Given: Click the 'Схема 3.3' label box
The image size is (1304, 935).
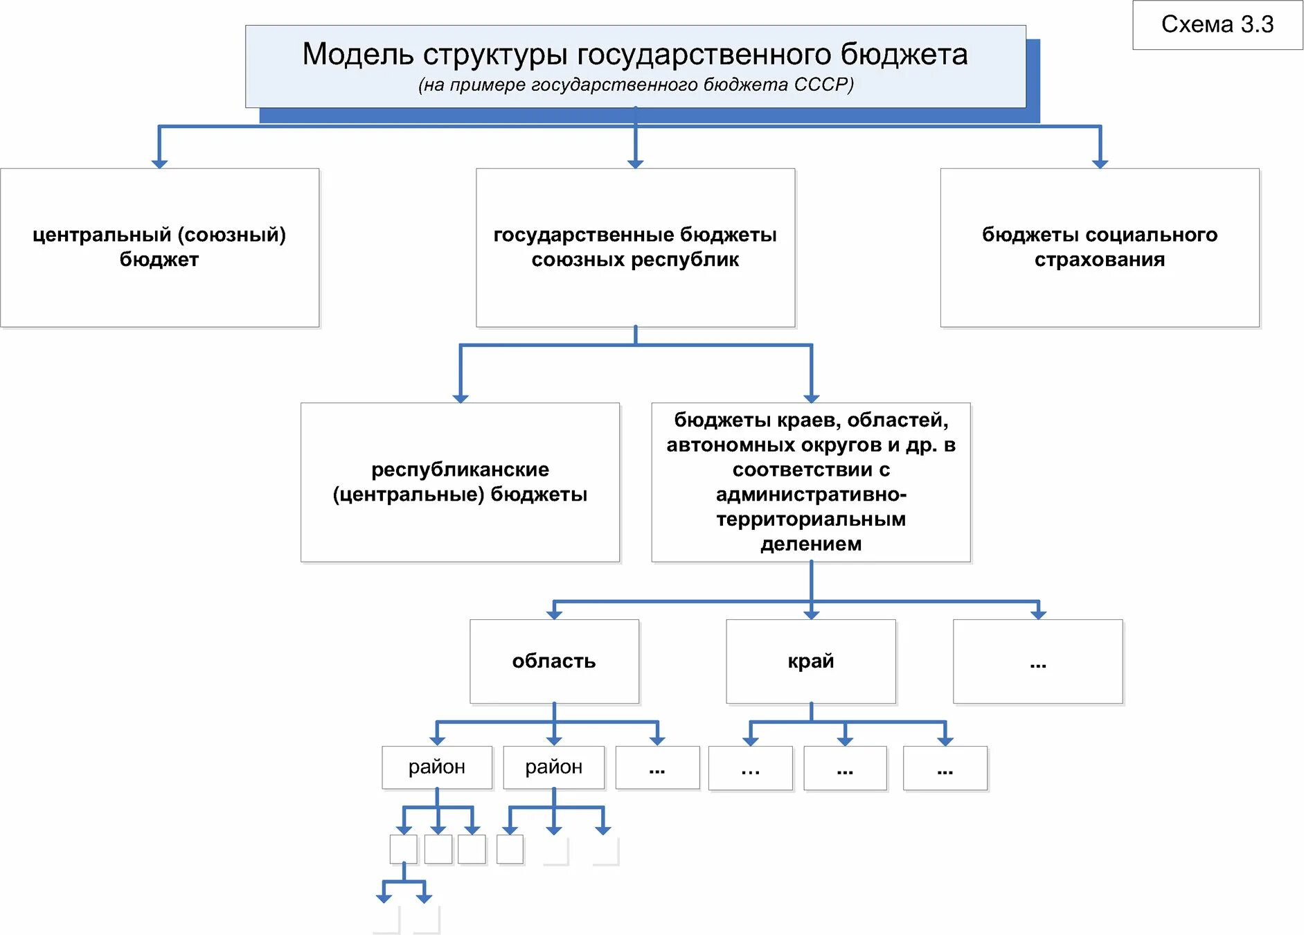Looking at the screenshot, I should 1217,25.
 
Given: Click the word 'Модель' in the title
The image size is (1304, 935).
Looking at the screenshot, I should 357,54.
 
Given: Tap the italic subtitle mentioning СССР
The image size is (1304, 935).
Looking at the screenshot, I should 635,84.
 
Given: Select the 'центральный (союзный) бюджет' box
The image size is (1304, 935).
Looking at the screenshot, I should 159,247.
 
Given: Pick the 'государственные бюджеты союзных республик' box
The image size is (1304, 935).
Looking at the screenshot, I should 635,247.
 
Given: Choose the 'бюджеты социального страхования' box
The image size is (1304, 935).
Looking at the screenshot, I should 1099,247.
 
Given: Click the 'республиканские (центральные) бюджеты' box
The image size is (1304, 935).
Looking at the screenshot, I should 460,482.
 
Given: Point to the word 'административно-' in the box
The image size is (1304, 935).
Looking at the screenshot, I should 811,495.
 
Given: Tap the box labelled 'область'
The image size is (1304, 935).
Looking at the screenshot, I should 554,661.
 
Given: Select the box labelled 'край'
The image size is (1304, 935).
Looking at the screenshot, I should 810,661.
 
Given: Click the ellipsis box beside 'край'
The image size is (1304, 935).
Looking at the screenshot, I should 1037,661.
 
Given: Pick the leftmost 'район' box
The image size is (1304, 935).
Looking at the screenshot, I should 437,767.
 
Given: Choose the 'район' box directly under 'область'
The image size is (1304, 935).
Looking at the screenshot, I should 554,767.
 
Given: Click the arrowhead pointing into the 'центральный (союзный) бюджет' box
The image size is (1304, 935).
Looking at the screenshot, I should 159,163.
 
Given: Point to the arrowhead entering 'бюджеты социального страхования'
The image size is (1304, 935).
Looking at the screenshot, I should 1100,163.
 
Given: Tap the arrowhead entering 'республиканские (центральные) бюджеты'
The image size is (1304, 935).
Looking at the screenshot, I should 461,398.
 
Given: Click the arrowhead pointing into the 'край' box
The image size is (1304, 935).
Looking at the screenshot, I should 811,614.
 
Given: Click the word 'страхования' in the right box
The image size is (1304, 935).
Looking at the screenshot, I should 1099,260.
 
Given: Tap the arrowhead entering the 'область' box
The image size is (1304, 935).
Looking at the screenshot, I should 554,614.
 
